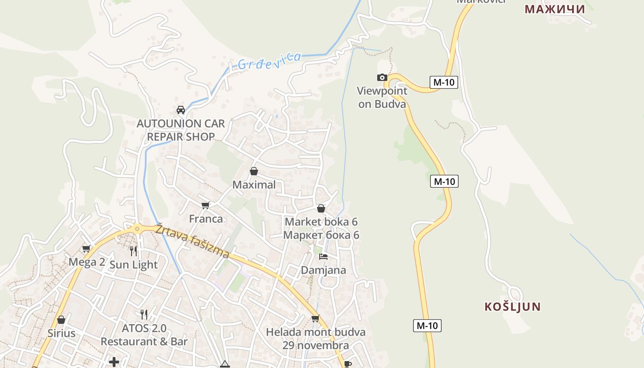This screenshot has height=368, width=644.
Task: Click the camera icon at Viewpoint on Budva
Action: point(382,77)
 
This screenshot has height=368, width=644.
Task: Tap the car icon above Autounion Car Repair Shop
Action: point(181,110)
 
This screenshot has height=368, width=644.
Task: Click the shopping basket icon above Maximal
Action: point(253,171)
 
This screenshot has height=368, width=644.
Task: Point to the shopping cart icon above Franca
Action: point(205,205)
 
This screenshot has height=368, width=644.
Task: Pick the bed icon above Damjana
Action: point(323,256)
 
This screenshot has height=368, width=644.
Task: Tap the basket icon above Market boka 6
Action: point(321,208)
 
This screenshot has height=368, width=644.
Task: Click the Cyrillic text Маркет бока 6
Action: point(321,235)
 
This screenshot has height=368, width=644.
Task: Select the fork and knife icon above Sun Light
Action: point(133,251)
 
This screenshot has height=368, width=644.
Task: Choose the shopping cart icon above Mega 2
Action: point(86,249)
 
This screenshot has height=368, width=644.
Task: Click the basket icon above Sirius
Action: point(61,320)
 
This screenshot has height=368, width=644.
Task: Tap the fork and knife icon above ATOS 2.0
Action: point(144,315)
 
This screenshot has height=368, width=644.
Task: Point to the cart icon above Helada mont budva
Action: point(315,318)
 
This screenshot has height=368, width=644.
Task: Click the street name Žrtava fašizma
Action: point(192,241)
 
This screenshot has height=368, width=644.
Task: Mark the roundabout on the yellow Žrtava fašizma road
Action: point(137,228)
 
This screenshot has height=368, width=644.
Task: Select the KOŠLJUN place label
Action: point(512,307)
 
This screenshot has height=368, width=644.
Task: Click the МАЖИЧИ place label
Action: point(555,9)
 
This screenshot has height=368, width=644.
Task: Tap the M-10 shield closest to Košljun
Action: point(427,326)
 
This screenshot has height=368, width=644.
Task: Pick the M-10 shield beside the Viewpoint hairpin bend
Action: point(444,82)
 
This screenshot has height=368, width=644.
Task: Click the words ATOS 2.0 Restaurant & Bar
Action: point(144,335)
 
